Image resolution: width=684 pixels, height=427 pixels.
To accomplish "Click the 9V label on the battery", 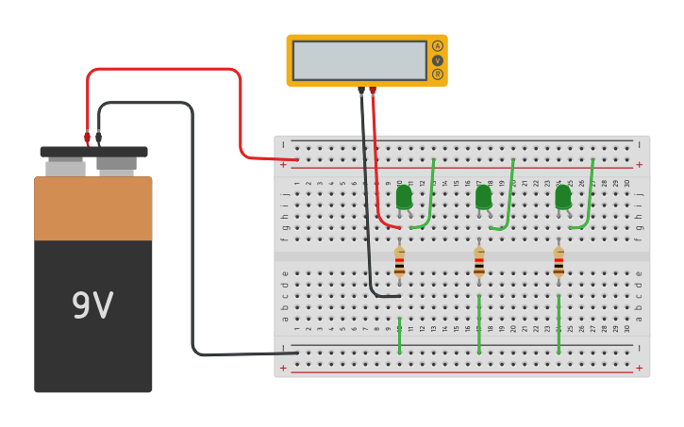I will (x=92, y=305).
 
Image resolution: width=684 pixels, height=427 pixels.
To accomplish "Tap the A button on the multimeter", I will (x=437, y=46).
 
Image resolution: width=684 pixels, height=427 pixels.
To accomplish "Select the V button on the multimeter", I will (x=437, y=60).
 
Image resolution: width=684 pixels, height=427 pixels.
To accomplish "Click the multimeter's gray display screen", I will (x=359, y=60).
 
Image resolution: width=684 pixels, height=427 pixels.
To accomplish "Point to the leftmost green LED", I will (x=404, y=197).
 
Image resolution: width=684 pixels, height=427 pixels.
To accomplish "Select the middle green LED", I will (x=483, y=197).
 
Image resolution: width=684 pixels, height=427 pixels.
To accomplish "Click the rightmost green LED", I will (x=563, y=197).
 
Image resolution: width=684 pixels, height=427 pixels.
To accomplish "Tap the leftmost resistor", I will (x=399, y=262).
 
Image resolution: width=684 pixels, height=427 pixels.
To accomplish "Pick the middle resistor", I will (x=479, y=262).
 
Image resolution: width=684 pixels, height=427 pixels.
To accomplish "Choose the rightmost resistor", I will (x=559, y=262).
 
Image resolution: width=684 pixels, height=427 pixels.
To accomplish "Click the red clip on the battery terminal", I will (x=87, y=138).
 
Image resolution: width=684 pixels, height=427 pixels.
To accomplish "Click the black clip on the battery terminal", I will (x=98, y=138).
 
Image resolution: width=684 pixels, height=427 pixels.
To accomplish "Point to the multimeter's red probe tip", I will (x=373, y=91).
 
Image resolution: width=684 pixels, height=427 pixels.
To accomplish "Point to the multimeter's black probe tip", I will (x=361, y=91).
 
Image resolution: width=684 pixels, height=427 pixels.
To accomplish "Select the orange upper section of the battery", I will (x=92, y=207).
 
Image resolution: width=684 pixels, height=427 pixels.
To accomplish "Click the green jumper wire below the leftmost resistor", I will (x=399, y=335).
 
